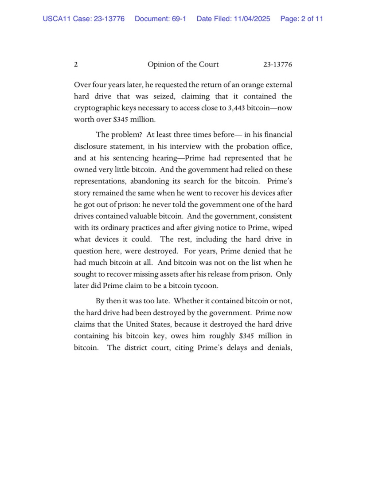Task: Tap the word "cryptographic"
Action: click(96, 108)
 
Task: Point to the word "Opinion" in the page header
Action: click(161, 65)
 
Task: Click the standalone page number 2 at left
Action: click(76, 65)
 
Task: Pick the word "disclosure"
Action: click(91, 146)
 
